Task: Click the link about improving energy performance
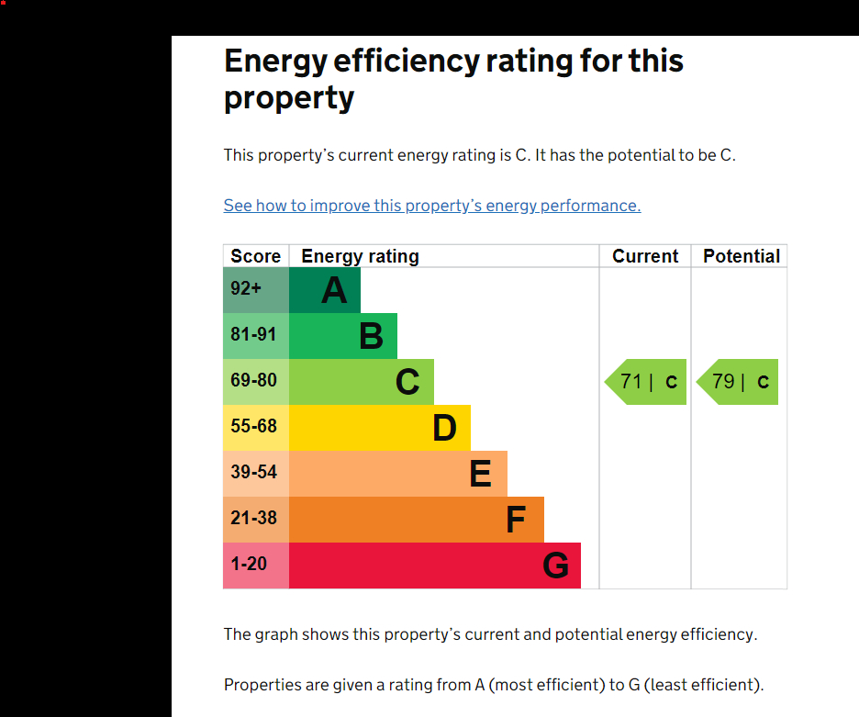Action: point(432,206)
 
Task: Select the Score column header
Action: point(255,256)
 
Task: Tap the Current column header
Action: point(645,256)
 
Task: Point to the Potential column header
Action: point(742,256)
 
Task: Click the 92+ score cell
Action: point(256,290)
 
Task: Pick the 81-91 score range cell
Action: point(256,336)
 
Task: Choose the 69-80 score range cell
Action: point(256,382)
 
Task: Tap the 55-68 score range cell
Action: point(256,428)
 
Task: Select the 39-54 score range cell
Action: point(256,474)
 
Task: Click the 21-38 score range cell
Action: point(256,520)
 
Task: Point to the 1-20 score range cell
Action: point(256,566)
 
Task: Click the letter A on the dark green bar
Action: point(334,290)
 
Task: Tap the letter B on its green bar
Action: point(372,336)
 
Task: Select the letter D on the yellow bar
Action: point(444,428)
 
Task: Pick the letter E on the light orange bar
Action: point(481,474)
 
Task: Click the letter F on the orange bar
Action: point(516,520)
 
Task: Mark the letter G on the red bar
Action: point(555,566)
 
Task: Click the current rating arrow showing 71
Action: point(645,382)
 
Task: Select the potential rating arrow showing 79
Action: point(737,382)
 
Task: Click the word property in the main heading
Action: point(289,99)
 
